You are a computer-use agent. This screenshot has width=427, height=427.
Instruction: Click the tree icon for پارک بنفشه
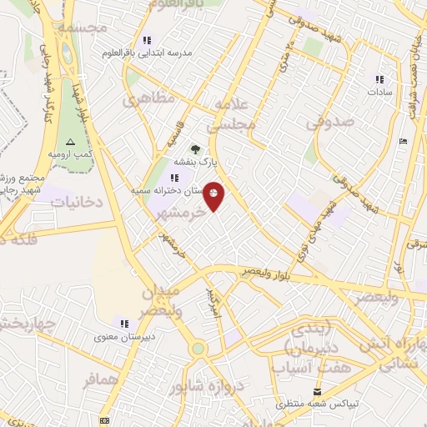195,149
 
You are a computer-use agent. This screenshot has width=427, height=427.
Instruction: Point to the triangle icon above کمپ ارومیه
70,142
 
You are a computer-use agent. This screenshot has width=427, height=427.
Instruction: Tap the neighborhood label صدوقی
329,122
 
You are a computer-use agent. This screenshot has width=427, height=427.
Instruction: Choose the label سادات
379,92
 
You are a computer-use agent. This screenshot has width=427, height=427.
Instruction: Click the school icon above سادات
379,79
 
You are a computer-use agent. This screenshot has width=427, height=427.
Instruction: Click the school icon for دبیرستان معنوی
124,324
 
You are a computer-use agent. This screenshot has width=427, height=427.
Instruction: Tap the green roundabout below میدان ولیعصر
198,349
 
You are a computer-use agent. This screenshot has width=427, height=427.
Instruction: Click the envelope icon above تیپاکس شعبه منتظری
317,391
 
